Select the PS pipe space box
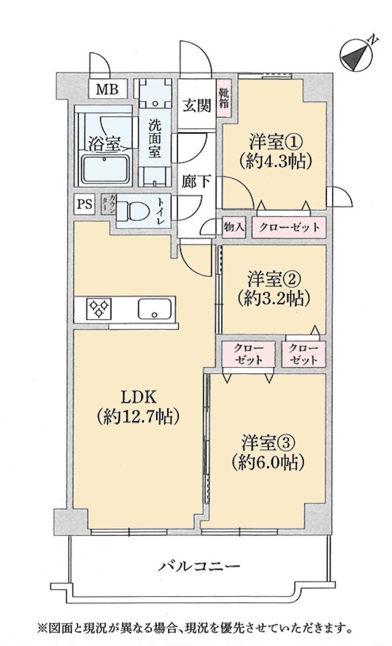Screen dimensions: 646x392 pos(85,204)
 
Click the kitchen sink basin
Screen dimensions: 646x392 pos(156,309)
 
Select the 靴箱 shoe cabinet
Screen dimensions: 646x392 pos(225,100)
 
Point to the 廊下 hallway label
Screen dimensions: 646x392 pos(195,183)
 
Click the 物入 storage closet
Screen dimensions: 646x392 pos(234,227)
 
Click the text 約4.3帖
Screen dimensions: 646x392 pos(274,161)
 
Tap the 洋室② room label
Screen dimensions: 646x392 pos(273,279)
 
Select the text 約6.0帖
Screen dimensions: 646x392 pos(268,462)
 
